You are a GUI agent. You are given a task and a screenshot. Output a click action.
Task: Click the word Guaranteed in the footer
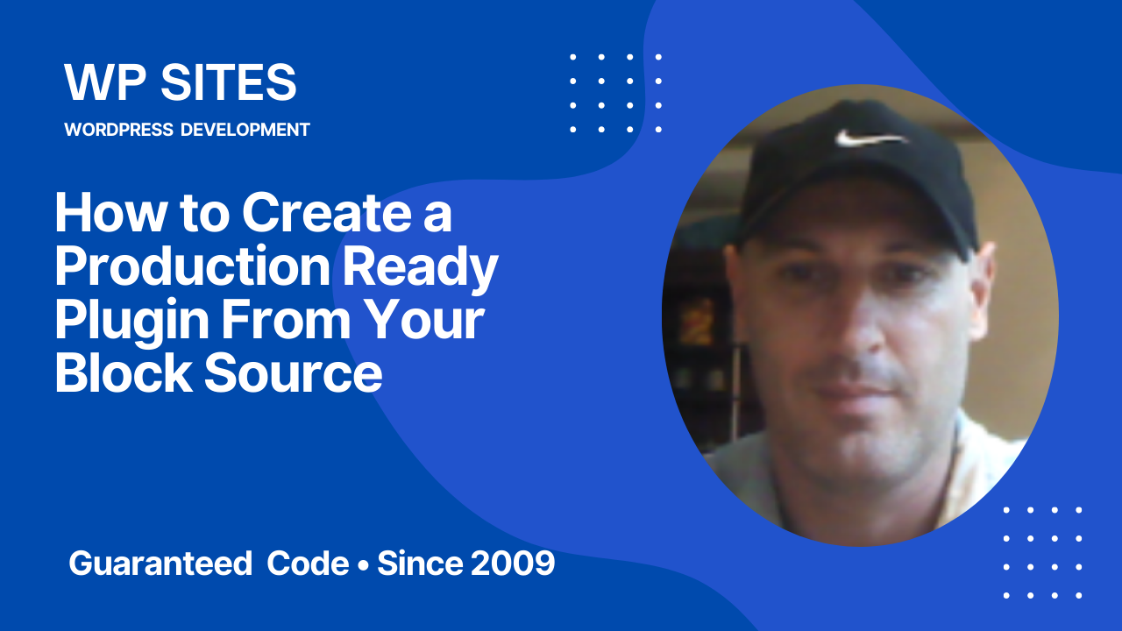click(x=160, y=564)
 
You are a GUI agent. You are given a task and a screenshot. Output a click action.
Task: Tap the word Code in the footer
click(x=308, y=564)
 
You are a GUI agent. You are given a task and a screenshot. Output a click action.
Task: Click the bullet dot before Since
click(x=362, y=564)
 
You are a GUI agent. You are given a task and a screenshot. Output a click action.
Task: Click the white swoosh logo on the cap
click(x=869, y=138)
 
